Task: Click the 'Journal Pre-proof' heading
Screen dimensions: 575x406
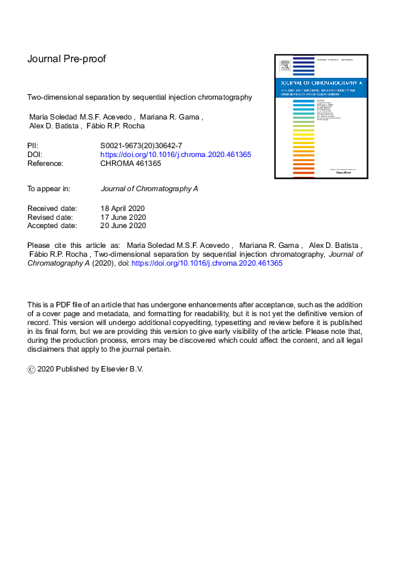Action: tap(66, 59)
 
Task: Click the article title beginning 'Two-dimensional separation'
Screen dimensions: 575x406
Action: tap(139, 97)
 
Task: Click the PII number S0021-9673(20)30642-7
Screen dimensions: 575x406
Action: tap(141, 145)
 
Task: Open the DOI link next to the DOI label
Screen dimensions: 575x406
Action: tap(175, 154)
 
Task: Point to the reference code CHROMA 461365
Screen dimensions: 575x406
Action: tap(130, 163)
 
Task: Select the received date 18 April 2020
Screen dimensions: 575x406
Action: tap(122, 208)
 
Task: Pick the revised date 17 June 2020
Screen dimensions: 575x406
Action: tap(123, 216)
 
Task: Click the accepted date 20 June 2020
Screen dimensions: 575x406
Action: tap(123, 225)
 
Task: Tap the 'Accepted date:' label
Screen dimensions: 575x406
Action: tap(52, 225)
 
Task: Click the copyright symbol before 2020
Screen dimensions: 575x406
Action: tap(31, 369)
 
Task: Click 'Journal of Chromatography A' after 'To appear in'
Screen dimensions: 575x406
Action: tap(149, 188)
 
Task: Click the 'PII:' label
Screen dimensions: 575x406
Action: tap(33, 145)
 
